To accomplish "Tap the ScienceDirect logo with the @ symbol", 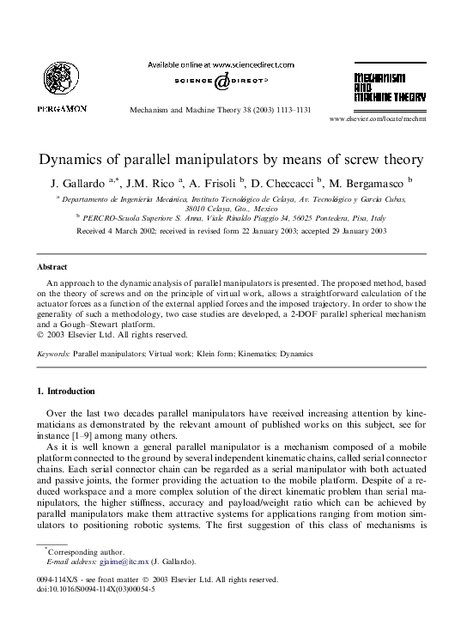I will coord(221,81).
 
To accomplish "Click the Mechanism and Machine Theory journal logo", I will coord(389,88).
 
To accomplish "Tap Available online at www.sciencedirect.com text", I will coord(221,64).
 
